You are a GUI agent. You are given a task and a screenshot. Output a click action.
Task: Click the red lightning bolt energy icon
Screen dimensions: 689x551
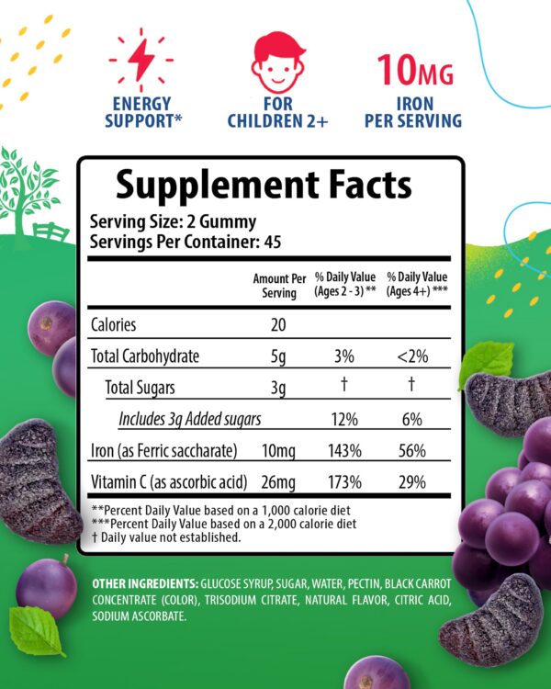pyautogui.click(x=141, y=60)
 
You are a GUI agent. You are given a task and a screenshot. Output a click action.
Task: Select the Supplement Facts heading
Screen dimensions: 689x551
pyautogui.click(x=264, y=186)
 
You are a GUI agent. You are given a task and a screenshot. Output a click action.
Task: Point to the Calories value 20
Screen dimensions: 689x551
pyautogui.click(x=280, y=324)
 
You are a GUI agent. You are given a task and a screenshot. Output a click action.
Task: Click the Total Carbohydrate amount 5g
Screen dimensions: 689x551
pyautogui.click(x=280, y=356)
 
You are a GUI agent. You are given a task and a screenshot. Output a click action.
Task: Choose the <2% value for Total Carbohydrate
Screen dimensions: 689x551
pyautogui.click(x=411, y=356)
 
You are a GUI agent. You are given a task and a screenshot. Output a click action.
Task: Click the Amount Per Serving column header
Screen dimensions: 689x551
pyautogui.click(x=280, y=285)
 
